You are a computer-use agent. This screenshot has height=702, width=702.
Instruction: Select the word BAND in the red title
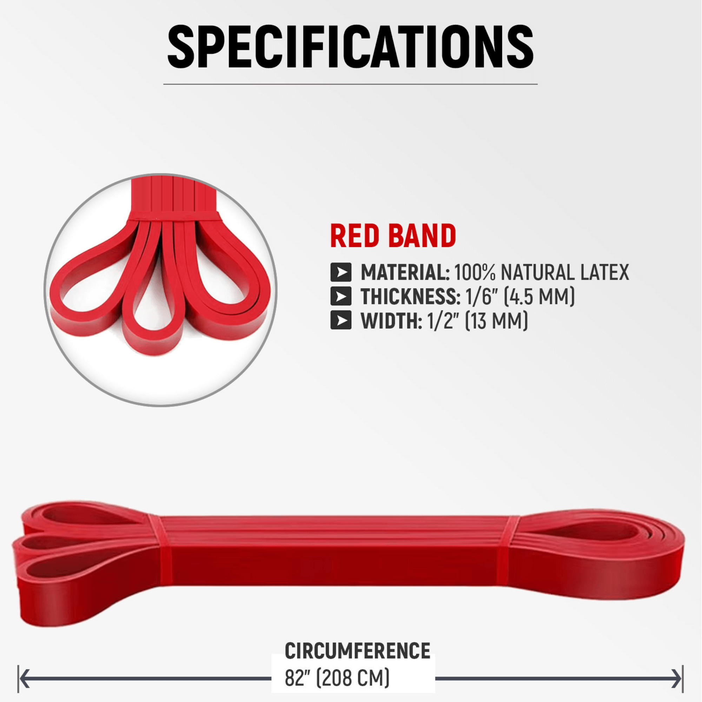(x=422, y=236)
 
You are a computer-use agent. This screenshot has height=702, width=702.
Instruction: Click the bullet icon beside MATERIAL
(x=341, y=272)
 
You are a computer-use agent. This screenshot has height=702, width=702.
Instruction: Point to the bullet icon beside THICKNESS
(x=341, y=296)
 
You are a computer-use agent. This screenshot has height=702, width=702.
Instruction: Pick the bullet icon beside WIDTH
(x=341, y=320)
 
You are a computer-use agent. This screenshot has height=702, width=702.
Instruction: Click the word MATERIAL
(x=405, y=272)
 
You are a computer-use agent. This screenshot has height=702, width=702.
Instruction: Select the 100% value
(x=475, y=272)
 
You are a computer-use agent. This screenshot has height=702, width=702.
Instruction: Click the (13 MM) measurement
(x=496, y=321)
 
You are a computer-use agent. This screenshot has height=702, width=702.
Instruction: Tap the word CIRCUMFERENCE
(x=357, y=650)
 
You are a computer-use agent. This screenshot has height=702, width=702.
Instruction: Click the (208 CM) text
(x=353, y=678)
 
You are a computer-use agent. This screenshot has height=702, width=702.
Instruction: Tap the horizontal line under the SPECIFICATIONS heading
(x=350, y=84)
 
